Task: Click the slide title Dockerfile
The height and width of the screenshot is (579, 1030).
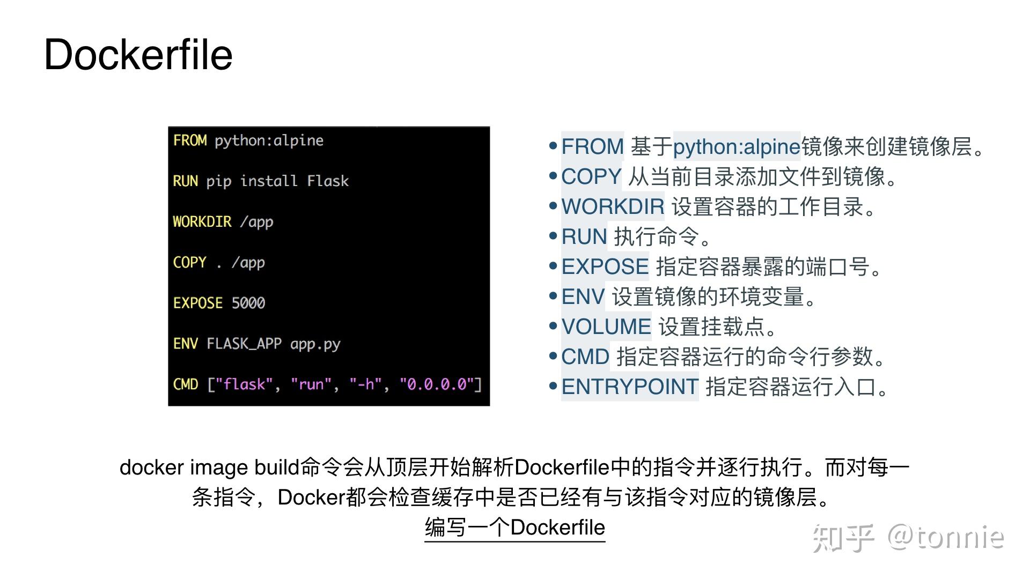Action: [138, 55]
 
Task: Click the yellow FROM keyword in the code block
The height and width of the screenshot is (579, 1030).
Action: [190, 140]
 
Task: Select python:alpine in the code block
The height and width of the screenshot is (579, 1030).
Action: [269, 140]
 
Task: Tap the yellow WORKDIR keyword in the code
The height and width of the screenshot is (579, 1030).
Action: [202, 221]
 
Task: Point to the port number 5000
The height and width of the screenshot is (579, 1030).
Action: [248, 303]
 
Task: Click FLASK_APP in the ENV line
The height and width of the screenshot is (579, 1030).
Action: [244, 344]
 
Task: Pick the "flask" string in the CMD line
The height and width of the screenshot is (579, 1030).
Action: [244, 384]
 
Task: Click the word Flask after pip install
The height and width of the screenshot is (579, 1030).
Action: [328, 181]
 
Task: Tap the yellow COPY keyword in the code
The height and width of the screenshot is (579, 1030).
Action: [189, 262]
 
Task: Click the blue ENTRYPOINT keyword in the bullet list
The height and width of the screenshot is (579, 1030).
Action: [630, 387]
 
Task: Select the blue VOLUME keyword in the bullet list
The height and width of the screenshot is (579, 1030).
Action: [606, 326]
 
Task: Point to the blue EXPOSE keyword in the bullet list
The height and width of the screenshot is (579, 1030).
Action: [605, 266]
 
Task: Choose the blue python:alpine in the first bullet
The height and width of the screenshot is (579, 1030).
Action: [737, 146]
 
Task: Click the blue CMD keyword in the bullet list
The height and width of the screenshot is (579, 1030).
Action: [585, 357]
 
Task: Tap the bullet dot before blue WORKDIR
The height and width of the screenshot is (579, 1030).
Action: [553, 206]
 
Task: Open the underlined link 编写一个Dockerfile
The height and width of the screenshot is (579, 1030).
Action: [514, 528]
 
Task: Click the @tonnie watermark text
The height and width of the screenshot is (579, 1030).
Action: [945, 537]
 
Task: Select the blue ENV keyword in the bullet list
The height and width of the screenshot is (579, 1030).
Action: [583, 296]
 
